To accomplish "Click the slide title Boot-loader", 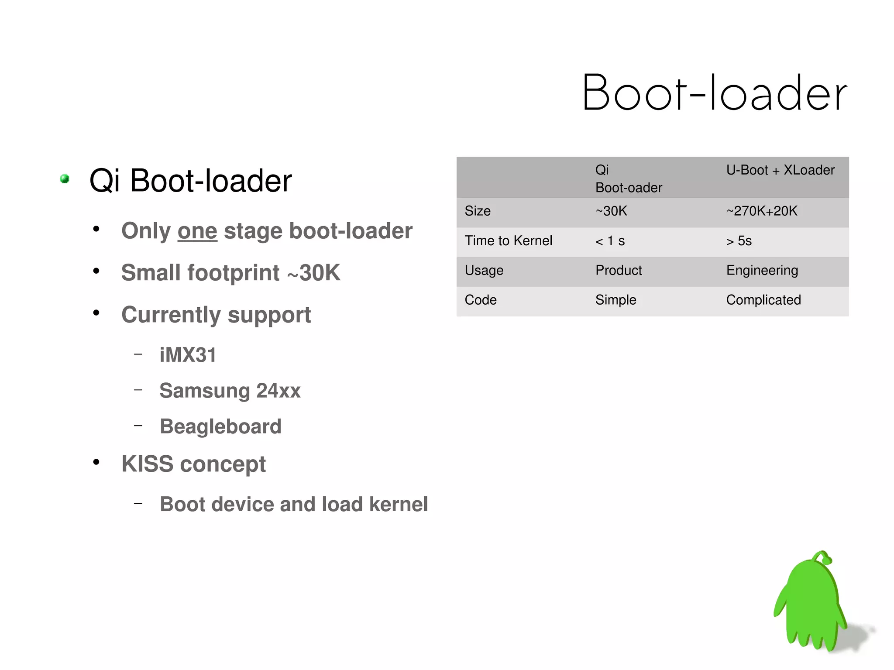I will (714, 93).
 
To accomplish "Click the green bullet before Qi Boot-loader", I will (65, 179).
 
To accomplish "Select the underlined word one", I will (197, 231).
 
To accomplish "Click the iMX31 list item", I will (188, 355).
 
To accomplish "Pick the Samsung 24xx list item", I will (230, 391).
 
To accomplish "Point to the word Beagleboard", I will (220, 426).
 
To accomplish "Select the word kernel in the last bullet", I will (398, 504).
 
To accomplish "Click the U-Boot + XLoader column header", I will (780, 170).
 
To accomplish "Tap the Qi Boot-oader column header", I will (628, 179).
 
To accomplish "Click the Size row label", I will (478, 211).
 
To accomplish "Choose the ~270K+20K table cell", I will (762, 211).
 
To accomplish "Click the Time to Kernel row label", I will (509, 241).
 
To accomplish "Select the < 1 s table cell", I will (610, 241).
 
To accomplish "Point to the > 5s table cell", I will (739, 241).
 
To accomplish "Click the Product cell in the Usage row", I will (619, 271).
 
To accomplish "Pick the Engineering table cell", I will (762, 271).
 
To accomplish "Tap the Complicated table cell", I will (763, 300).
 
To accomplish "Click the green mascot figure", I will (811, 602).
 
